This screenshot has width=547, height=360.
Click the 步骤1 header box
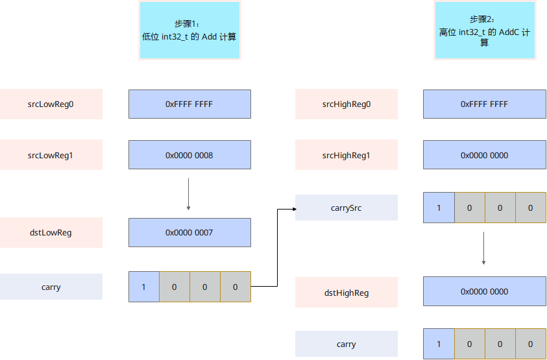(x=189, y=30)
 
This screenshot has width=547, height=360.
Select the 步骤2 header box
(x=485, y=30)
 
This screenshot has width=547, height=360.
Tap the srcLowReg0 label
(x=51, y=104)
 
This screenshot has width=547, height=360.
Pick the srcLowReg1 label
(x=51, y=154)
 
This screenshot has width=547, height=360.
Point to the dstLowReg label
(x=51, y=232)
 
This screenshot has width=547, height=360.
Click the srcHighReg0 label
(x=346, y=104)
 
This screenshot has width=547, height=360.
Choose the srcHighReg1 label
(x=346, y=154)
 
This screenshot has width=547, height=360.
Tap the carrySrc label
(x=346, y=208)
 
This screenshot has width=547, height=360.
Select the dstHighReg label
(x=346, y=292)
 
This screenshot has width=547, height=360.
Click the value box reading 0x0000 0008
(x=189, y=154)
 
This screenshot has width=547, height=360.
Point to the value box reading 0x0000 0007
(x=189, y=232)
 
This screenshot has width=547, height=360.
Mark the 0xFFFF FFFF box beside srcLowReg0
(x=189, y=104)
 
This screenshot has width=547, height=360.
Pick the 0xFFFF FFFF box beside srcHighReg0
(x=485, y=104)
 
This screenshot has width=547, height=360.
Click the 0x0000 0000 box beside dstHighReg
(x=485, y=291)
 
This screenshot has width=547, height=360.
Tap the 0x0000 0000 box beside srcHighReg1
(x=485, y=154)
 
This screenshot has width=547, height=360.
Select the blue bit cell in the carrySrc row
(x=439, y=208)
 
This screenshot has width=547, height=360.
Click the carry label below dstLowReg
(x=51, y=287)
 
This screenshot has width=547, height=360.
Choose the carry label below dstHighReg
(x=346, y=344)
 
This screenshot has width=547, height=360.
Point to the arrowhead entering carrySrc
(x=295, y=210)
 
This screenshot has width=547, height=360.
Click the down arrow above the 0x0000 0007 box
(x=188, y=195)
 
